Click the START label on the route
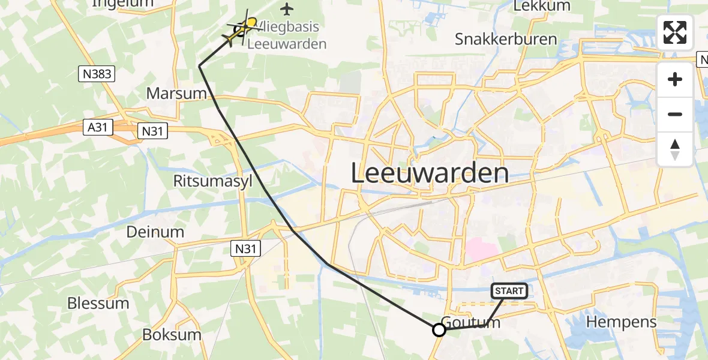[x=509, y=291]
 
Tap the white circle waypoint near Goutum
[x=439, y=329]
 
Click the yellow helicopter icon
[x=241, y=29]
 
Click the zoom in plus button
[x=675, y=79]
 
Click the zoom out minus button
[x=675, y=114]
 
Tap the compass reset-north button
[x=675, y=149]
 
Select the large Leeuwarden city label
[x=429, y=174]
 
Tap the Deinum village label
[x=155, y=232]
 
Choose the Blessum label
[x=98, y=303]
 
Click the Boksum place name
[x=171, y=334]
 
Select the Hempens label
[x=622, y=322]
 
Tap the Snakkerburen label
[x=506, y=40]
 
